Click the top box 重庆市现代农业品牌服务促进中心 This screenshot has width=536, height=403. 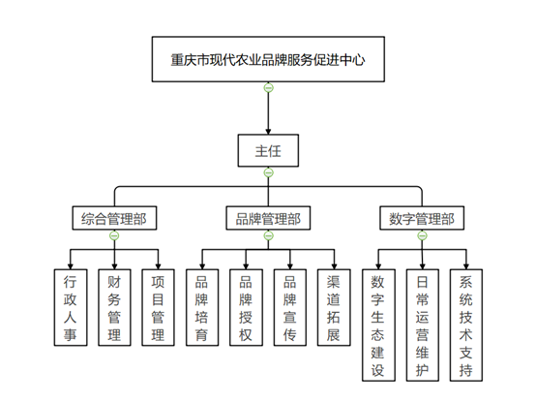pos(268,59)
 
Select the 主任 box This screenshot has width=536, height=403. pos(268,151)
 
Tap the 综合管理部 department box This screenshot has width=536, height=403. pos(114,218)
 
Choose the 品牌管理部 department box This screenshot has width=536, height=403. pos(268,218)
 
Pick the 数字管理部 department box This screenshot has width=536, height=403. pos(422,218)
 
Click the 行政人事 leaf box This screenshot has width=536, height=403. pos(71,307)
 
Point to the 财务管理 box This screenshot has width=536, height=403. pos(114,307)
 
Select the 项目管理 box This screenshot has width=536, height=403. pos(158,307)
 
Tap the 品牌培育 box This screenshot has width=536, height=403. pos(202,307)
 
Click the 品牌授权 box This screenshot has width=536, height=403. pos(246,307)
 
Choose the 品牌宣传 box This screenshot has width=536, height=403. pos(290,307)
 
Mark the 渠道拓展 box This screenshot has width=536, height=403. pos(334,307)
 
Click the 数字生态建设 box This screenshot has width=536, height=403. pos(378,325)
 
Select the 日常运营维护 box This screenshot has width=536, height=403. pos(423,325)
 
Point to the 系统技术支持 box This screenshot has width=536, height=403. pos(466,325)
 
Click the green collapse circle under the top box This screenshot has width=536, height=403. pos(268,88)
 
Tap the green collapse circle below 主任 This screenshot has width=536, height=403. pos(268,172)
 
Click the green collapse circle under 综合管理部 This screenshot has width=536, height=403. pos(114,235)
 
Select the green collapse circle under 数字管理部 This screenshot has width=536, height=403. pos(422,235)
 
